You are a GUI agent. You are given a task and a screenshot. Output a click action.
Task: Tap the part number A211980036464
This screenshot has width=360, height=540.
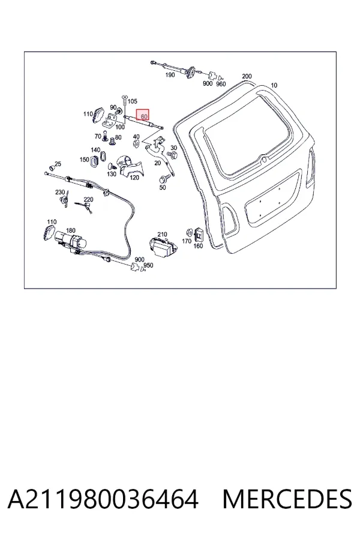click(103, 499)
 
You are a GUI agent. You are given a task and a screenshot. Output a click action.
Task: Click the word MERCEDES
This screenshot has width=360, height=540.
click(287, 499)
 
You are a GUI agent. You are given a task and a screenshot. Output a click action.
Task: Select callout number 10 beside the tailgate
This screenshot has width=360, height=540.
click(274, 85)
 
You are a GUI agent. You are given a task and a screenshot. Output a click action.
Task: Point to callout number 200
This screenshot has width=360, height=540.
click(247, 76)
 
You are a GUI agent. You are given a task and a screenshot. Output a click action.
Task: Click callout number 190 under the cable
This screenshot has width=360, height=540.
click(170, 75)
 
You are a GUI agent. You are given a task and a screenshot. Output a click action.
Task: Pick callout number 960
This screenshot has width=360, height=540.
click(221, 84)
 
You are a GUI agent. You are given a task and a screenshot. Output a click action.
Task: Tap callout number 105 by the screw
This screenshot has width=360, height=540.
click(132, 101)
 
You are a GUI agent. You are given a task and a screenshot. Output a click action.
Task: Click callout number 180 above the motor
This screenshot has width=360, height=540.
click(71, 230)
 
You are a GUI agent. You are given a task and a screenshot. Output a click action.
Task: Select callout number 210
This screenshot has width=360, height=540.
click(162, 235)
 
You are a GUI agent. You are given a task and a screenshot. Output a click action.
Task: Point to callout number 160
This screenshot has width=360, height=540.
click(198, 246)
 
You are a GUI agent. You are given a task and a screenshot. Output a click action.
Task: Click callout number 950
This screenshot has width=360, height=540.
click(148, 266)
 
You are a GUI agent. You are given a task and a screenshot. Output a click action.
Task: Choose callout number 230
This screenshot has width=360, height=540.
click(60, 192)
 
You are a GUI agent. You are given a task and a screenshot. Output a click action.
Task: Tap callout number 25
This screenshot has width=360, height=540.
click(58, 164)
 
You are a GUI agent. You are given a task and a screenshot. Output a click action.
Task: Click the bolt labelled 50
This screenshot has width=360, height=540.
click(163, 180)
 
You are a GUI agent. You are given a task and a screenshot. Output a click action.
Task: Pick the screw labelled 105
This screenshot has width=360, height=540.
click(124, 101)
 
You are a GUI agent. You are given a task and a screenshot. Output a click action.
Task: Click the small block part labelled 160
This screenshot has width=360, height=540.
click(199, 235)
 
